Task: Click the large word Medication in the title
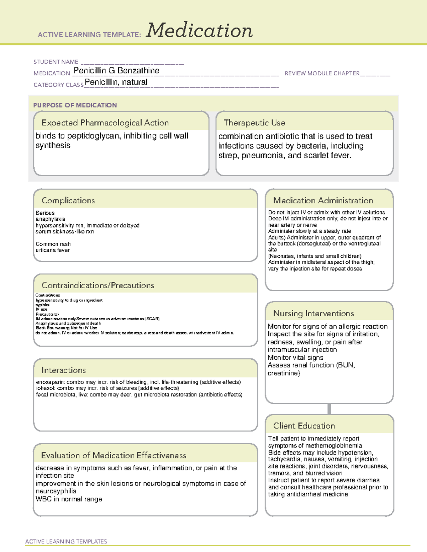(199, 31)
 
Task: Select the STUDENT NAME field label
(56, 62)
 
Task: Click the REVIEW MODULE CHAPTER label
(322, 73)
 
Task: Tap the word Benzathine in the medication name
(138, 70)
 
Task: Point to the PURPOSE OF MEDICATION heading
(75, 105)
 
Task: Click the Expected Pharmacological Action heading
(105, 123)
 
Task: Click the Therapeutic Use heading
(254, 123)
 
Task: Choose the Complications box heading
(68, 200)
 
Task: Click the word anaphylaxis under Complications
(51, 219)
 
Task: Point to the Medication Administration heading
(323, 200)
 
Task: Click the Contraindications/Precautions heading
(98, 285)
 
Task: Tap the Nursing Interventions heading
(313, 313)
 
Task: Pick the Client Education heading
(304, 425)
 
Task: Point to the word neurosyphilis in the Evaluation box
(56, 491)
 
